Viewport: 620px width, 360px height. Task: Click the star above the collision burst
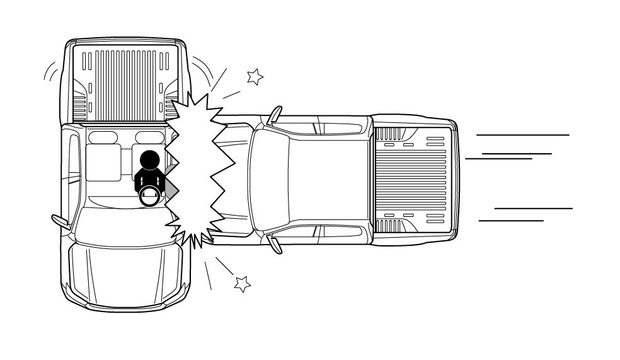coord(255,77)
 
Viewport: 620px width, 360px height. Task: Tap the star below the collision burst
coord(242,284)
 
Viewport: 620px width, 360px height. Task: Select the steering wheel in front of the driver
coord(150,197)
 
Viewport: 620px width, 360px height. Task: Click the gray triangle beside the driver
coord(171,187)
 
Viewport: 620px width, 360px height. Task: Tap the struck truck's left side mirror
coord(60,220)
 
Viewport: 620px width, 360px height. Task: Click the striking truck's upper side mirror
coord(275,115)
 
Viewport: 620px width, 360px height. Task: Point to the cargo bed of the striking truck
coord(413,179)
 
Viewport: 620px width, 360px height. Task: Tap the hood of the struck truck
coord(126,271)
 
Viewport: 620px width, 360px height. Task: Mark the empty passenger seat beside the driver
coord(103,162)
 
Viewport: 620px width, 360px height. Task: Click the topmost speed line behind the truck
coord(522,135)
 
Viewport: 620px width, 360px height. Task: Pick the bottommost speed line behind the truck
coord(511,221)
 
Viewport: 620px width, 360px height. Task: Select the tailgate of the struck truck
coord(126,44)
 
